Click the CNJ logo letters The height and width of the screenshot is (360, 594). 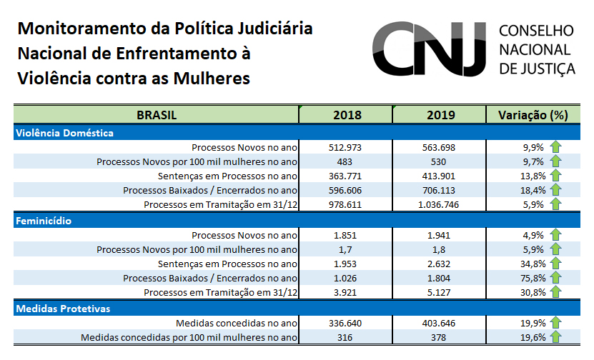tap(429, 49)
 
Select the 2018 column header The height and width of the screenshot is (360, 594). tap(347, 115)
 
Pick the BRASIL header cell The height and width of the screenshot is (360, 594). tap(156, 115)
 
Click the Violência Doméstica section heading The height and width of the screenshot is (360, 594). tap(64, 133)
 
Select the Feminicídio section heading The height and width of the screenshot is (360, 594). tap(44, 221)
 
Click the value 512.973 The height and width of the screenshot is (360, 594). tap(347, 148)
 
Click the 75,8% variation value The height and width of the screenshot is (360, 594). tap(534, 279)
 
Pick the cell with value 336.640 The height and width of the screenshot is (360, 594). tap(347, 323)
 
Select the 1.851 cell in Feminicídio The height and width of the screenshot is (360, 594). tap(347, 235)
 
